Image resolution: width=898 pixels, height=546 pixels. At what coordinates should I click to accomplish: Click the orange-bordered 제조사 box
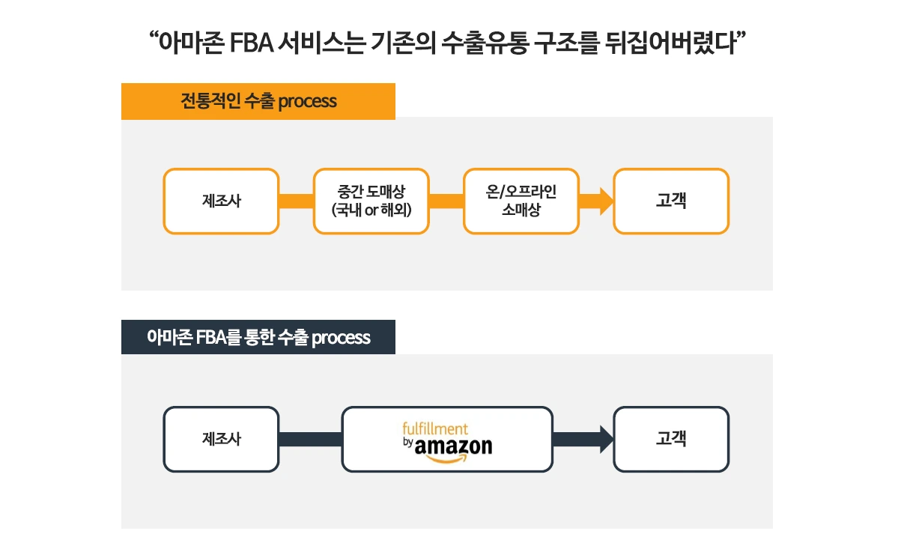pos(221,201)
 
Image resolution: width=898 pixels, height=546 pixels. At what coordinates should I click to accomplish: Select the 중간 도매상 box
pos(371,201)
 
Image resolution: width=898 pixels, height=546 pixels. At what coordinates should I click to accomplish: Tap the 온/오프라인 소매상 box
pos(521,201)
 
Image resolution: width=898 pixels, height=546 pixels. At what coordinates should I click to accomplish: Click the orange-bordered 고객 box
pos(670,201)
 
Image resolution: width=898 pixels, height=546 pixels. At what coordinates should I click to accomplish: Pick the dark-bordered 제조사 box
pos(221,439)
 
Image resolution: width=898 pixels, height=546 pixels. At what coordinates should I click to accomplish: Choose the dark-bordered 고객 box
pos(670,439)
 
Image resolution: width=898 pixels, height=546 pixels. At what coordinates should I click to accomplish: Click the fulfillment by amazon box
pos(447,439)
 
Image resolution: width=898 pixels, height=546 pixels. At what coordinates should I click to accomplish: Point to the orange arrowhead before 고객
pos(605,201)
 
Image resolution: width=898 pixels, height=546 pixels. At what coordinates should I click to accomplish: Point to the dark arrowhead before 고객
pos(605,439)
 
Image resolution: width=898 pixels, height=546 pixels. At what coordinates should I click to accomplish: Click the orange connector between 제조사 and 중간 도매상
pos(296,201)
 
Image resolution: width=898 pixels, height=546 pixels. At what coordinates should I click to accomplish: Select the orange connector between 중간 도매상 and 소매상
pos(446,201)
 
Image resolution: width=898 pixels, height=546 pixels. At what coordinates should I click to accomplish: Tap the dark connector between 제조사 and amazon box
pos(310,439)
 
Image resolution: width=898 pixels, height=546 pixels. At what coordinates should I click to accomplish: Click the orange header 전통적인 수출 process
pos(258,101)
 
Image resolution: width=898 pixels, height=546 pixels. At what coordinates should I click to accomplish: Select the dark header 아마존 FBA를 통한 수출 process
pos(258,337)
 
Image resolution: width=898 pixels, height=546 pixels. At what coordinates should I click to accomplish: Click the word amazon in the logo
pos(454,447)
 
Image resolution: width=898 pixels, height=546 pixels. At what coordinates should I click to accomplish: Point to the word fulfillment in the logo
pos(435,429)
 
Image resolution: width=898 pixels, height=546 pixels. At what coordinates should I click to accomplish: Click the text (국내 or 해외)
pos(371,209)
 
